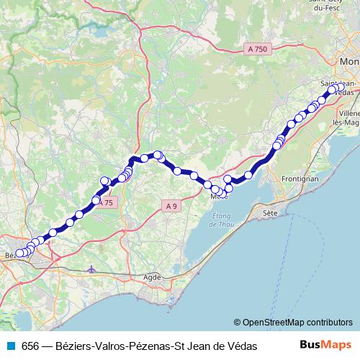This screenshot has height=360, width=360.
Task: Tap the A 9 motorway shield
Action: (x=171, y=206)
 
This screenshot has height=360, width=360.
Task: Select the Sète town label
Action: (x=270, y=213)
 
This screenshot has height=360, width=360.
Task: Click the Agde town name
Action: (x=153, y=276)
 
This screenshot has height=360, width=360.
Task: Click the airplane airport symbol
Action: (x=90, y=270)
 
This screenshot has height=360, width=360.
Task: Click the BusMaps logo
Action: (x=325, y=346)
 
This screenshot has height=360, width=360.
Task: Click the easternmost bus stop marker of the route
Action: (x=339, y=88)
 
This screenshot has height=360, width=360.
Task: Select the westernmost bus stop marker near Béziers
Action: (x=19, y=253)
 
